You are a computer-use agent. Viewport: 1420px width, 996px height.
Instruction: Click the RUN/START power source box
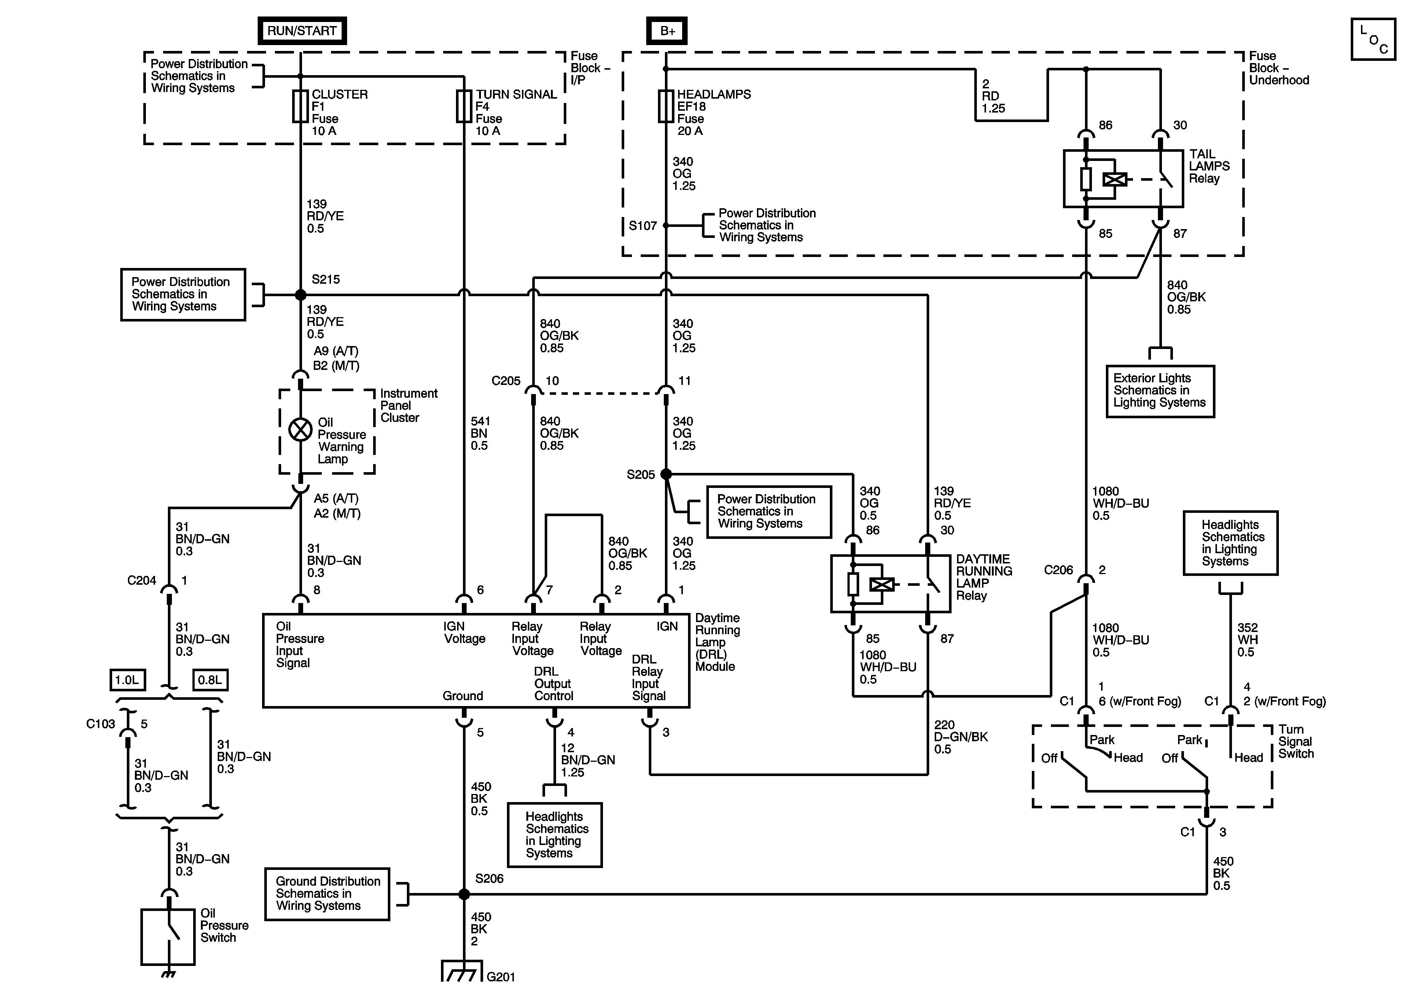click(302, 31)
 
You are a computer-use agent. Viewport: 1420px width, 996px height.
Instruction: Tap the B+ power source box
click(667, 31)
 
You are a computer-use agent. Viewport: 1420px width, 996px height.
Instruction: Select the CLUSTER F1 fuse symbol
click(301, 106)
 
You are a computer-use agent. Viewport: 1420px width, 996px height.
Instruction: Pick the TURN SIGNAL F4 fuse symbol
click(464, 106)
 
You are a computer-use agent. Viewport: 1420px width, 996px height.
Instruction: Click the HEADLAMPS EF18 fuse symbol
click(666, 106)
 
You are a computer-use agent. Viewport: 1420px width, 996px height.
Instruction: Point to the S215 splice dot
click(301, 295)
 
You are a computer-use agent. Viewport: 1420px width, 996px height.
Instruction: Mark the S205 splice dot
click(666, 474)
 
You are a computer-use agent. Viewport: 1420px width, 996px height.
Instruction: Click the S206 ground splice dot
click(464, 894)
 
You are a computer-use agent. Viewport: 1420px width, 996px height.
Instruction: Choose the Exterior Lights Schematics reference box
click(1160, 391)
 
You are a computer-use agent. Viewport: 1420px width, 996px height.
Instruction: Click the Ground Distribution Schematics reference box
click(327, 894)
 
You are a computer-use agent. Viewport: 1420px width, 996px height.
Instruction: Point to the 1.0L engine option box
click(128, 680)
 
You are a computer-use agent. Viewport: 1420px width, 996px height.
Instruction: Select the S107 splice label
click(643, 226)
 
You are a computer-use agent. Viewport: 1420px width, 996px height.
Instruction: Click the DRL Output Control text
click(553, 684)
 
